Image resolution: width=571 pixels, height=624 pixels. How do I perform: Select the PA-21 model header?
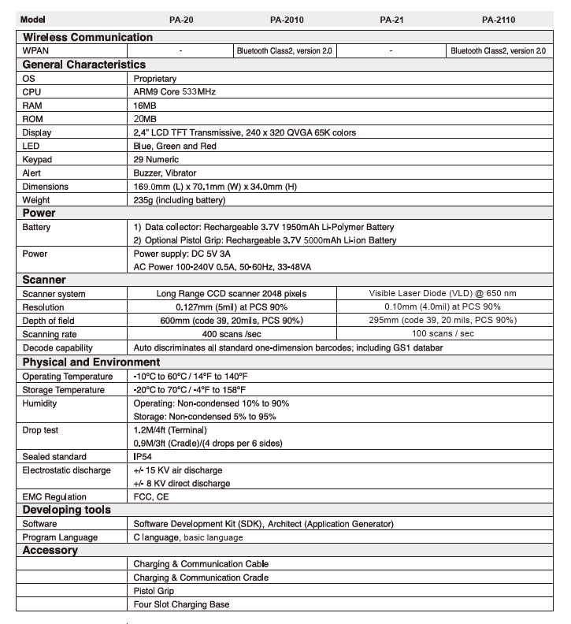pos(391,20)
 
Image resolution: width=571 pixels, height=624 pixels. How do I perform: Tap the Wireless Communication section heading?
pos(87,37)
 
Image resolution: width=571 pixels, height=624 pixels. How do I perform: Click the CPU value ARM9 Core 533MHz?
pos(175,92)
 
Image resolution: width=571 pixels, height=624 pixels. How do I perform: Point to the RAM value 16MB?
pos(145,106)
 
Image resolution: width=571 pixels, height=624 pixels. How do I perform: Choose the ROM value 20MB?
pos(145,119)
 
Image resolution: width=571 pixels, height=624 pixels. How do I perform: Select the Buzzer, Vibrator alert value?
pos(165,173)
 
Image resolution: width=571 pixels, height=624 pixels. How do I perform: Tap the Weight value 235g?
pos(181,200)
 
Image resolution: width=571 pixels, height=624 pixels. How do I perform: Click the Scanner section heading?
pos(44,280)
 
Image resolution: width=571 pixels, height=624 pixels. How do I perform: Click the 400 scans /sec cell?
pos(232,334)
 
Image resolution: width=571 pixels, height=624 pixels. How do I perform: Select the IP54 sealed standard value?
pos(143,457)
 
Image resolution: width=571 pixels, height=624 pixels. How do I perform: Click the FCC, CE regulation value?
pos(151,497)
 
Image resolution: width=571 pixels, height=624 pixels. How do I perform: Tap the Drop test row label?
pos(40,430)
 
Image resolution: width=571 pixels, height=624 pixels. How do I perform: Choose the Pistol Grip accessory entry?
pos(154,591)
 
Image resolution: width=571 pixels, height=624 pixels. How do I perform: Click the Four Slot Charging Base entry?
pos(182,604)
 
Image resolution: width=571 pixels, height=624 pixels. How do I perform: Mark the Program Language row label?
pos(60,537)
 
